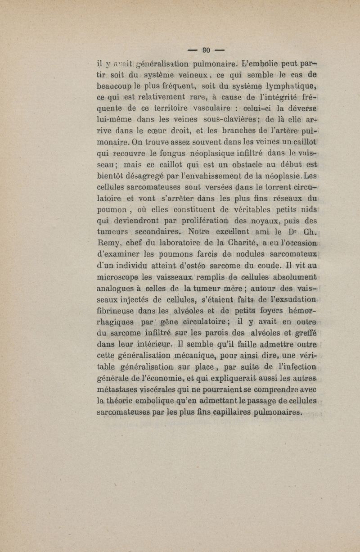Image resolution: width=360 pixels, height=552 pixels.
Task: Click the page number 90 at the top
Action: pos(207,50)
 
